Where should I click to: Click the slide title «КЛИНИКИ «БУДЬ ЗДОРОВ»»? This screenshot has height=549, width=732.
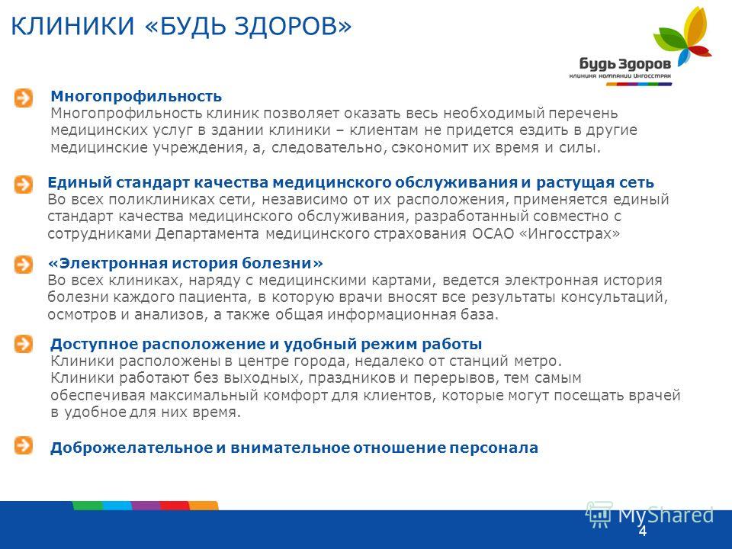point(181,26)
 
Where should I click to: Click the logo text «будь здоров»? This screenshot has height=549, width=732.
point(625,64)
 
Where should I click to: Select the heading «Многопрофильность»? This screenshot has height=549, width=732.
point(136,96)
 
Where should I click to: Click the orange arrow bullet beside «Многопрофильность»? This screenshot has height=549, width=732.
point(24,98)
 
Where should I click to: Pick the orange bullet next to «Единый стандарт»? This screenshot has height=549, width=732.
point(24,185)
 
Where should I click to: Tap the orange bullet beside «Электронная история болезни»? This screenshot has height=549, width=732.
point(24,265)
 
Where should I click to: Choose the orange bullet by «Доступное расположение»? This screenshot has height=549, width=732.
point(24,344)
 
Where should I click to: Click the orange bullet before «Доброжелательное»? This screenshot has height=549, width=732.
point(24,445)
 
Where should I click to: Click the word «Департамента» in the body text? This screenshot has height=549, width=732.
point(207,233)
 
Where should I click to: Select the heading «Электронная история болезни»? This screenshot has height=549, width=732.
point(185,263)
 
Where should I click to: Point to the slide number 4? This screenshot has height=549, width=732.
point(643,531)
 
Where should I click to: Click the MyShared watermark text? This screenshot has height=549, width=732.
point(665,515)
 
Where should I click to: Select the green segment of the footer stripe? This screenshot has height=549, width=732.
point(87,506)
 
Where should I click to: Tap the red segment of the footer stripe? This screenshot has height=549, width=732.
point(175,506)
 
